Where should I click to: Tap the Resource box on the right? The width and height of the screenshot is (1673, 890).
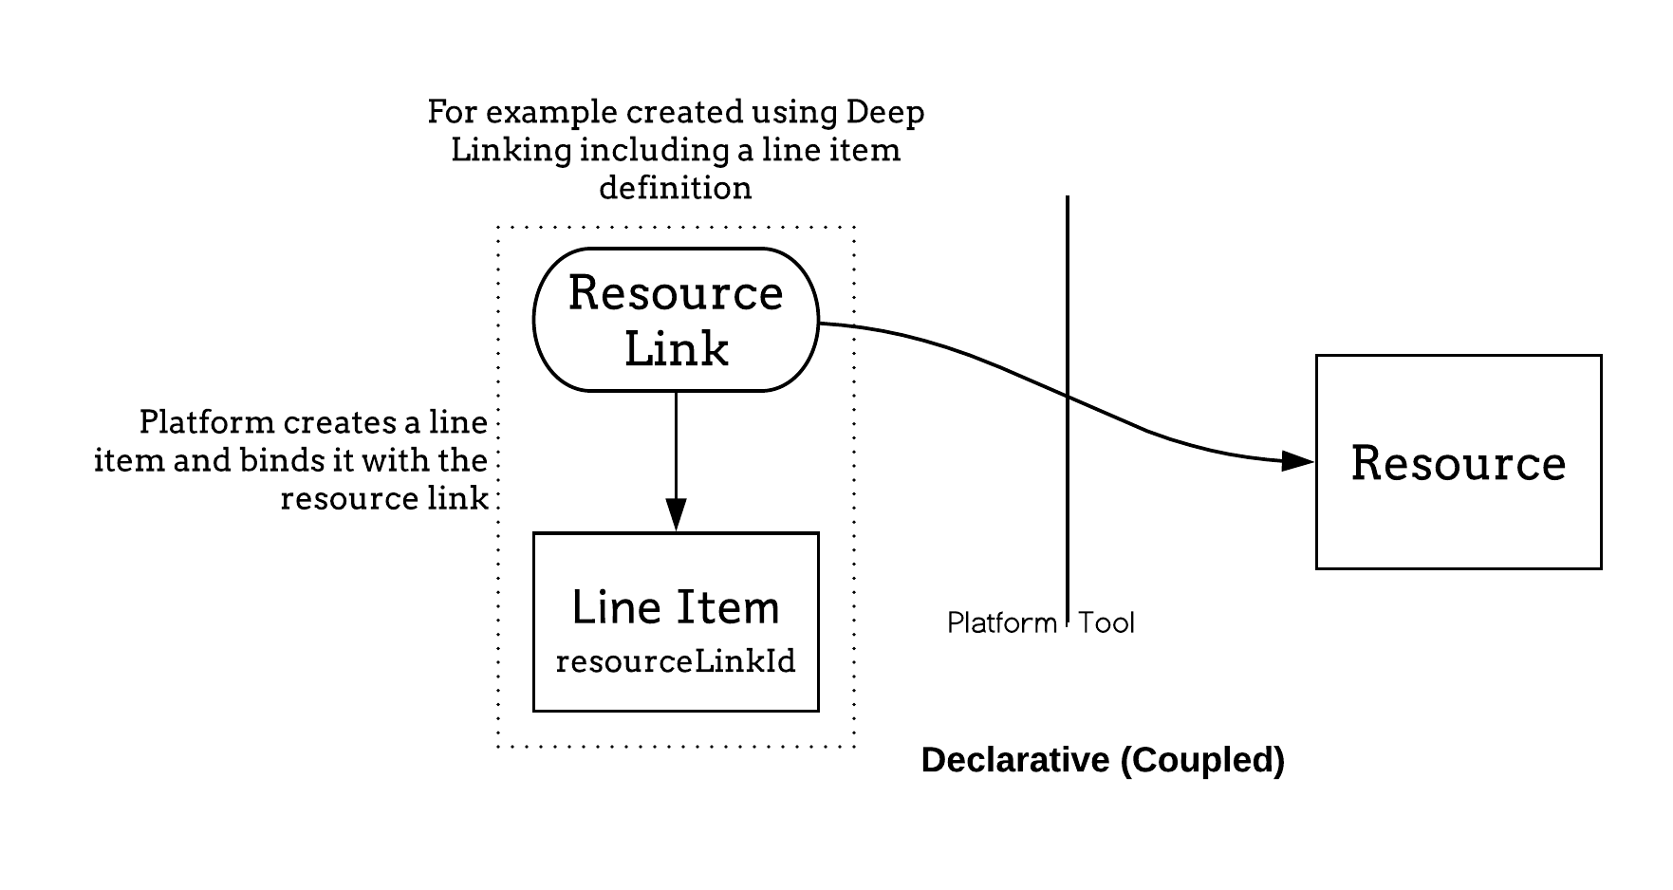(1458, 462)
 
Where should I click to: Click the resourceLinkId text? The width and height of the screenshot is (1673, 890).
(676, 661)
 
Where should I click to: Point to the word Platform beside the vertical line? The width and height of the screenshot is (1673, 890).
(1001, 623)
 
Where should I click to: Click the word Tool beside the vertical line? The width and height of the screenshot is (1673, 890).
(1106, 623)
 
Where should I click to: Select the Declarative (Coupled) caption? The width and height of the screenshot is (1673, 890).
(1103, 760)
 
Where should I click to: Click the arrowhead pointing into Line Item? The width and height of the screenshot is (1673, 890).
(676, 514)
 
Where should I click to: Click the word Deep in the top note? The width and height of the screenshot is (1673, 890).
(884, 112)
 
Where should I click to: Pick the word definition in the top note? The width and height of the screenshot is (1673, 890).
(676, 188)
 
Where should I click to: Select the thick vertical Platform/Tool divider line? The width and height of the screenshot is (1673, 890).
(1068, 285)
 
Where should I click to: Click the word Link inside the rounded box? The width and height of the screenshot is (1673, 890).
(676, 349)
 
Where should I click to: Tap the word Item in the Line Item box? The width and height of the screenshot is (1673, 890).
(728, 607)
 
